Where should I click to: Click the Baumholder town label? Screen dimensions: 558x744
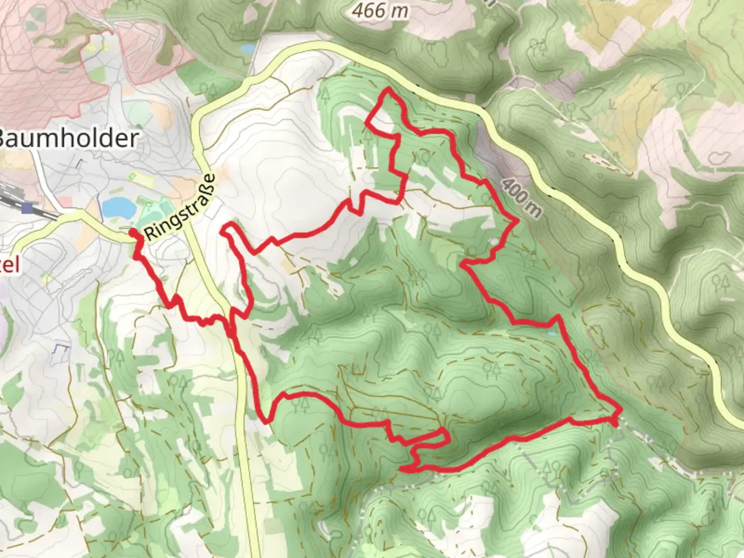[67, 138]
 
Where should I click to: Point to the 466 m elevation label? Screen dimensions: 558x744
[380, 10]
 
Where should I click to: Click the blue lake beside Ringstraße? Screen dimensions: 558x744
[118, 208]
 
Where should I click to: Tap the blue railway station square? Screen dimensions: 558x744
[27, 208]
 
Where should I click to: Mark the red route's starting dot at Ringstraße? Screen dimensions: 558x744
[133, 234]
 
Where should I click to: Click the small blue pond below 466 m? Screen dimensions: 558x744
[248, 49]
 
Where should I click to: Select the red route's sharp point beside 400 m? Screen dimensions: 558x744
[517, 222]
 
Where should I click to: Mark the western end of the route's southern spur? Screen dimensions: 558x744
[402, 469]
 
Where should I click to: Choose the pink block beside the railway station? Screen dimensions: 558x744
[66, 200]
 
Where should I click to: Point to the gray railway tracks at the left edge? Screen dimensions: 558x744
[8, 199]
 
